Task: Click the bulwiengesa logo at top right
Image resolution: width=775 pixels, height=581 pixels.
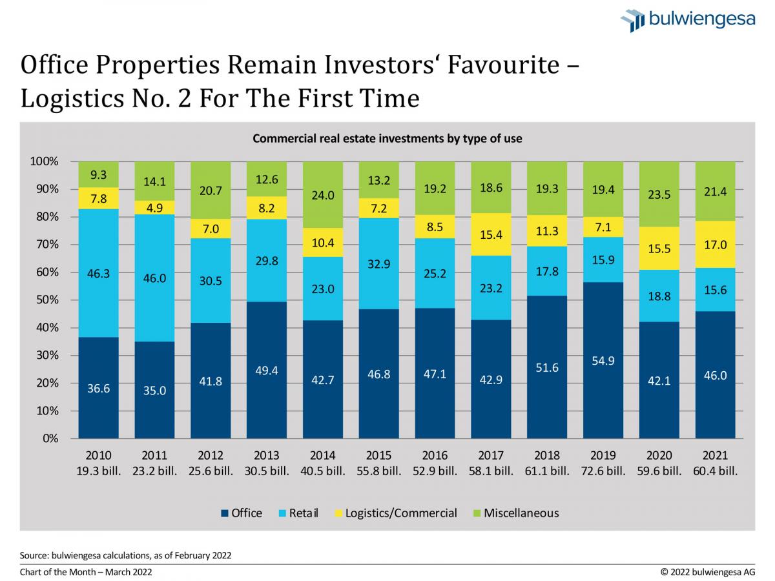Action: click(x=688, y=19)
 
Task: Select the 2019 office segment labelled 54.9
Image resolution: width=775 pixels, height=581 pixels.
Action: click(x=603, y=360)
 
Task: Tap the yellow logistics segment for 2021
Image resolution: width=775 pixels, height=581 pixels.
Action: click(x=715, y=245)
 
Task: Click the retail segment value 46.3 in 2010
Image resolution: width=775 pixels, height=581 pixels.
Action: click(x=98, y=273)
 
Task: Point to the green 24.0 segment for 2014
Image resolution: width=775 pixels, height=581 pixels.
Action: click(x=323, y=195)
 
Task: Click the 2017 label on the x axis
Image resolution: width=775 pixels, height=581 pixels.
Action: click(x=491, y=455)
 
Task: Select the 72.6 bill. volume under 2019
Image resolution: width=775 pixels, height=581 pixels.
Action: click(x=603, y=471)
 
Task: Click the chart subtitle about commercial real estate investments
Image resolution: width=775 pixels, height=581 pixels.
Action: click(x=387, y=138)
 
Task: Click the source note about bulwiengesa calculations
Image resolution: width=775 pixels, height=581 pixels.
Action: click(x=125, y=555)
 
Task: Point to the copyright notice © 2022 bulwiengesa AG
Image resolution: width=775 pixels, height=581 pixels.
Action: click(x=707, y=572)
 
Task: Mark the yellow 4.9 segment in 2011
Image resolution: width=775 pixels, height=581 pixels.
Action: click(x=154, y=207)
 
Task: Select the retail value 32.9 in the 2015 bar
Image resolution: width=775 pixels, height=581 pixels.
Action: click(x=379, y=263)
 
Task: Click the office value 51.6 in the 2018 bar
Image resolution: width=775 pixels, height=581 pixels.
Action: click(x=547, y=367)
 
